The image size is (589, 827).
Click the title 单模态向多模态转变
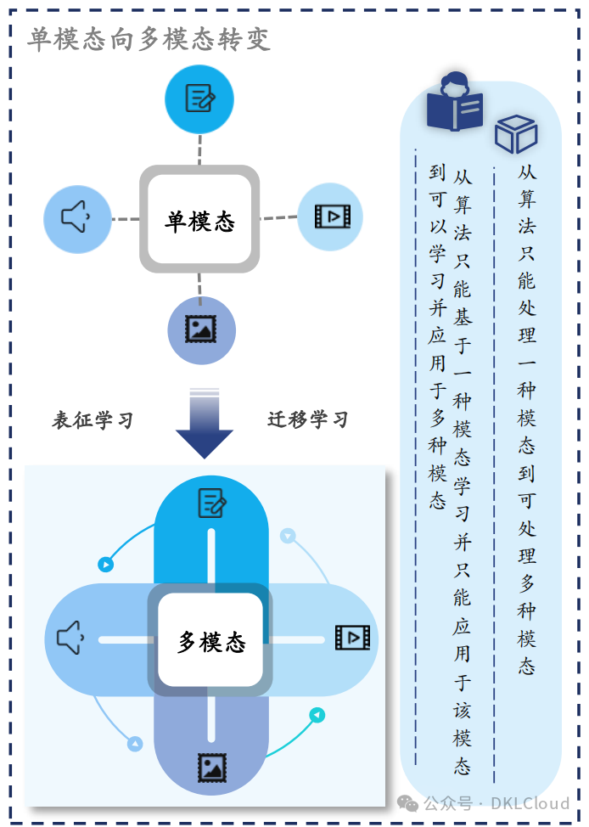(149, 39)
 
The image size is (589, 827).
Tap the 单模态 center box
(199, 220)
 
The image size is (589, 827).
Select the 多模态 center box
(210, 641)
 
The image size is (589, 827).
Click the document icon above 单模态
(199, 98)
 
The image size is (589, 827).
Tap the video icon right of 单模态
(330, 217)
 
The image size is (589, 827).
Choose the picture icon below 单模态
(201, 329)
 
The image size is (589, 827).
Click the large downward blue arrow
(204, 424)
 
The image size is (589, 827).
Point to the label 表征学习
(93, 419)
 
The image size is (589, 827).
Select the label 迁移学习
(308, 419)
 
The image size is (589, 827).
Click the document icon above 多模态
(211, 503)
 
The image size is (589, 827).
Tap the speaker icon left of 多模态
(70, 638)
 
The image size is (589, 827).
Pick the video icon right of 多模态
(352, 638)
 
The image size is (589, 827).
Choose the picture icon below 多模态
(211, 767)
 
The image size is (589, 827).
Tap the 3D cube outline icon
(516, 134)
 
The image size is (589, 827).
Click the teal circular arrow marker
(317, 716)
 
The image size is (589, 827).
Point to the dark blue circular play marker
(105, 563)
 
